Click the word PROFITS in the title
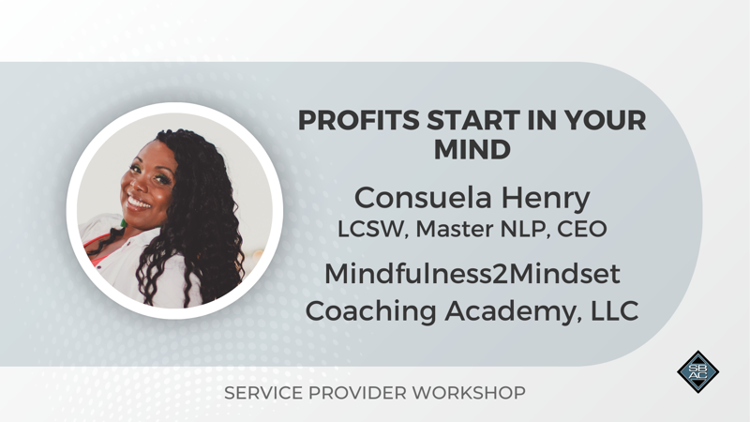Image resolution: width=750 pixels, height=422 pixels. pyautogui.click(x=359, y=120)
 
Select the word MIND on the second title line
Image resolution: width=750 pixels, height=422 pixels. pyautogui.click(x=472, y=150)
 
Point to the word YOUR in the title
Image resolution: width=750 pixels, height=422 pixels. pyautogui.click(x=606, y=120)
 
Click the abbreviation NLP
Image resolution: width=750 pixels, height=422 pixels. pyautogui.click(x=526, y=229)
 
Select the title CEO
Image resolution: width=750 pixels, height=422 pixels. pyautogui.click(x=582, y=229)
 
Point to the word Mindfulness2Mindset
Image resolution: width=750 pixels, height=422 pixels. pyautogui.click(x=472, y=274)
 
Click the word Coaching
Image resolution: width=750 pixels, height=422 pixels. pyautogui.click(x=370, y=311)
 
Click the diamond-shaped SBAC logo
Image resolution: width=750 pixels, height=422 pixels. pyautogui.click(x=697, y=371)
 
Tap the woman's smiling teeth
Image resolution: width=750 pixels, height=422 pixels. pyautogui.click(x=139, y=203)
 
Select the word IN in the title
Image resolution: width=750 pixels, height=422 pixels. pyautogui.click(x=543, y=120)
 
